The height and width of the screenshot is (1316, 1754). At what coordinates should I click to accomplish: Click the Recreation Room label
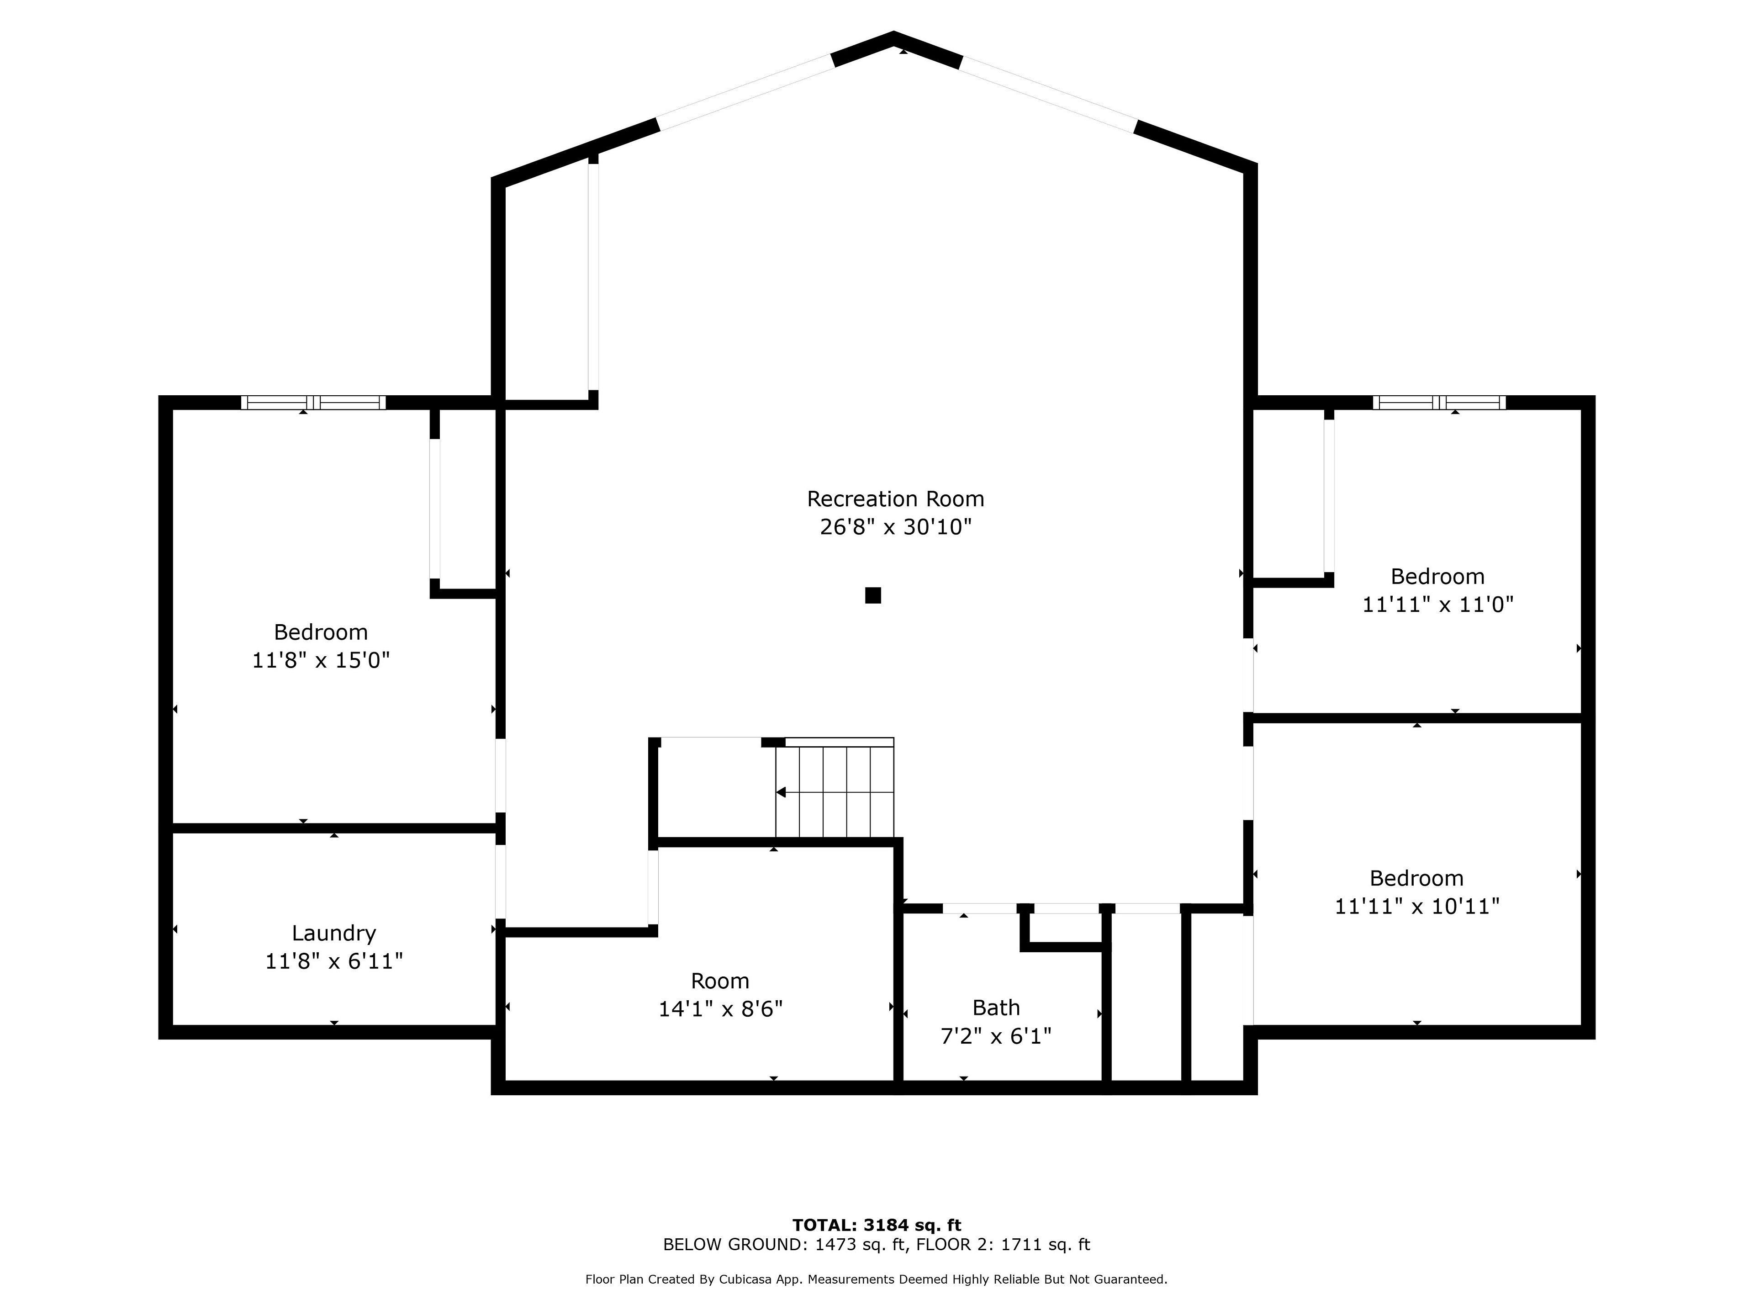895,499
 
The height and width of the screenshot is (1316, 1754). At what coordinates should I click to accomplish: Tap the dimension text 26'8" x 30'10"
895,527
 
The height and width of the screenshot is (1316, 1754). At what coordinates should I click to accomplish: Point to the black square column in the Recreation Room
873,595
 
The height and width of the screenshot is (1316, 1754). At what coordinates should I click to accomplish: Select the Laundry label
334,934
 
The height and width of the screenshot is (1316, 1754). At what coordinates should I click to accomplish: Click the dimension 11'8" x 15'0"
321,660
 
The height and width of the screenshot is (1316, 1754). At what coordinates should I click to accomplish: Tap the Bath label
996,1008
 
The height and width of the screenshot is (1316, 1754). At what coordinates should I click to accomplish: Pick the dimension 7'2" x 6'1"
996,1036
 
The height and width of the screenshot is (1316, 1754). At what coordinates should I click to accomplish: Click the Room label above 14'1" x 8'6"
720,981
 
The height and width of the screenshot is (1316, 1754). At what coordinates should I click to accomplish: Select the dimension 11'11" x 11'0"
1437,605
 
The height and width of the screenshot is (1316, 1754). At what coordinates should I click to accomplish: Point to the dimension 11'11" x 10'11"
1417,906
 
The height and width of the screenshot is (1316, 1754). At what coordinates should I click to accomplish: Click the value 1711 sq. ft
1045,1245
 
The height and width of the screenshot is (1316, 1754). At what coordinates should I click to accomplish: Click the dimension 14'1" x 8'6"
720,1009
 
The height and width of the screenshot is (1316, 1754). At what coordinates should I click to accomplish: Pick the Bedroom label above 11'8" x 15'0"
321,632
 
